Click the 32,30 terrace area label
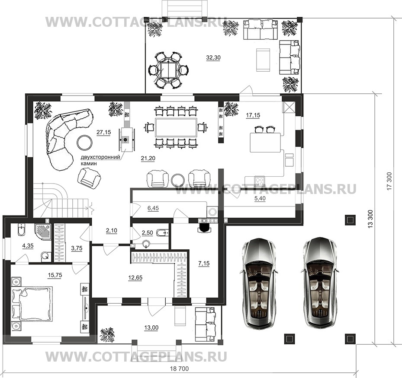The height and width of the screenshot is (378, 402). click(x=213, y=57)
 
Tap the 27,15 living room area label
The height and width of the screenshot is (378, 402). click(x=103, y=132)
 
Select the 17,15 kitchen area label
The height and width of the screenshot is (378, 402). click(x=253, y=115)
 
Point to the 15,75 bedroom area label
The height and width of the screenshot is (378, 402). click(x=55, y=275)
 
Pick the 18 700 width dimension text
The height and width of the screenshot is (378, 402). click(x=179, y=368)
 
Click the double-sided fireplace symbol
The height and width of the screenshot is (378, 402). click(x=125, y=140)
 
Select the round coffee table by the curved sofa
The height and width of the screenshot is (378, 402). click(x=84, y=142)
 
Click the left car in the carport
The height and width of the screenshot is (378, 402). click(x=258, y=283)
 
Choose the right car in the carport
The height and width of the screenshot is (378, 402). click(x=319, y=283)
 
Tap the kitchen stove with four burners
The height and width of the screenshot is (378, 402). click(x=260, y=181)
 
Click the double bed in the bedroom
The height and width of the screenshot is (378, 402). click(x=32, y=304)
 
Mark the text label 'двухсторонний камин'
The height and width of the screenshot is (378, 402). click(x=100, y=160)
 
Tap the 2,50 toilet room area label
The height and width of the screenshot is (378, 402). click(x=147, y=233)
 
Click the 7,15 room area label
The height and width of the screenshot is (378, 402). click(x=204, y=263)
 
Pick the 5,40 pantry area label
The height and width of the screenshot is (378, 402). click(x=260, y=198)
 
